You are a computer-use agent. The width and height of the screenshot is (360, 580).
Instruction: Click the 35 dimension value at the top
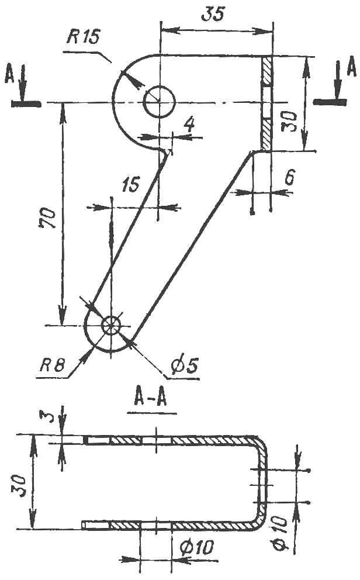213,13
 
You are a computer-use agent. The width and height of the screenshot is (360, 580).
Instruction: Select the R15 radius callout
84,37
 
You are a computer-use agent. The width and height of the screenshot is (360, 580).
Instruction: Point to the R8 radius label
52,365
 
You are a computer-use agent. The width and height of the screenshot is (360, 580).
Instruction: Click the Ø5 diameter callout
185,365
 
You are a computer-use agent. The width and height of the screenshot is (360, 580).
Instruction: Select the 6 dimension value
289,178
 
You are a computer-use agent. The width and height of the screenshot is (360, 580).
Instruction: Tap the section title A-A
150,399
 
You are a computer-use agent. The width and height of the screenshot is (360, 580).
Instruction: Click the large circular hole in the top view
159,101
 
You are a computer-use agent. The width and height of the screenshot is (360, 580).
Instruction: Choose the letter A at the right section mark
351,68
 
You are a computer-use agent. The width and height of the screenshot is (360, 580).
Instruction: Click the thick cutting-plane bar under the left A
26,104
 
